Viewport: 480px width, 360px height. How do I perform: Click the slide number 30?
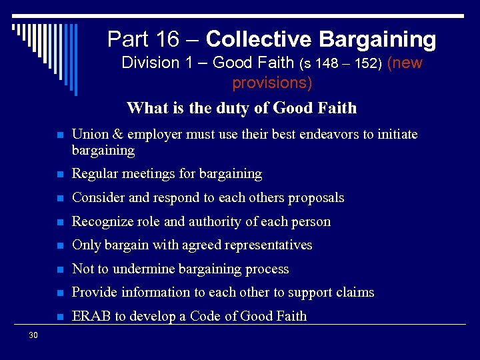(x=33, y=335)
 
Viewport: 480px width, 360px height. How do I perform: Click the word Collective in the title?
(x=259, y=39)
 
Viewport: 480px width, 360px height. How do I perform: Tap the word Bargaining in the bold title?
(x=377, y=39)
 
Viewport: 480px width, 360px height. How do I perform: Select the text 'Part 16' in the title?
(x=143, y=39)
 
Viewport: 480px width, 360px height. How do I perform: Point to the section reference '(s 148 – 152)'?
(x=341, y=64)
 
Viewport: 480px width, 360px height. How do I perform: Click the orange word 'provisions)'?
(x=272, y=83)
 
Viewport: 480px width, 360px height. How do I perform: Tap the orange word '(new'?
(x=405, y=63)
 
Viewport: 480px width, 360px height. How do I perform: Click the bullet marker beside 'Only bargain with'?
(x=59, y=246)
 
